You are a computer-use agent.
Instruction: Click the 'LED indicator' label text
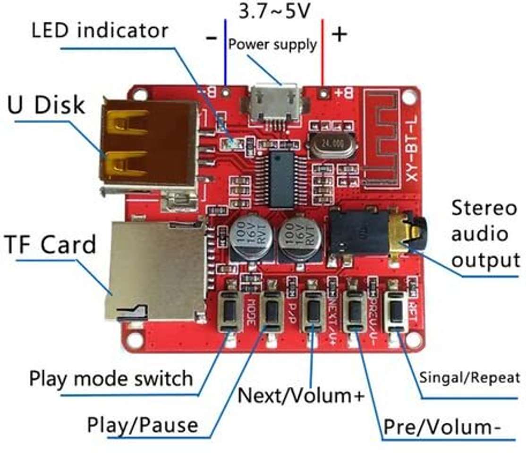click(100, 31)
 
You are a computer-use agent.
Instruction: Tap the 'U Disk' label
click(46, 105)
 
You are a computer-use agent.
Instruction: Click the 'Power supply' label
click(272, 44)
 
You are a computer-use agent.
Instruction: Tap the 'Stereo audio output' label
click(484, 234)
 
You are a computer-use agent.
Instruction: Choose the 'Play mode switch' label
click(111, 378)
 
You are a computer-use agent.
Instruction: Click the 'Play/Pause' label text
click(142, 425)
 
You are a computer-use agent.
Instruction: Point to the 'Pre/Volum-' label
click(442, 427)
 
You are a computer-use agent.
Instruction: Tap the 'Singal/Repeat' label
click(469, 377)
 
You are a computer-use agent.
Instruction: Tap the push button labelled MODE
click(230, 311)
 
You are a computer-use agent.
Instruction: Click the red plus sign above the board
click(339, 35)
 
